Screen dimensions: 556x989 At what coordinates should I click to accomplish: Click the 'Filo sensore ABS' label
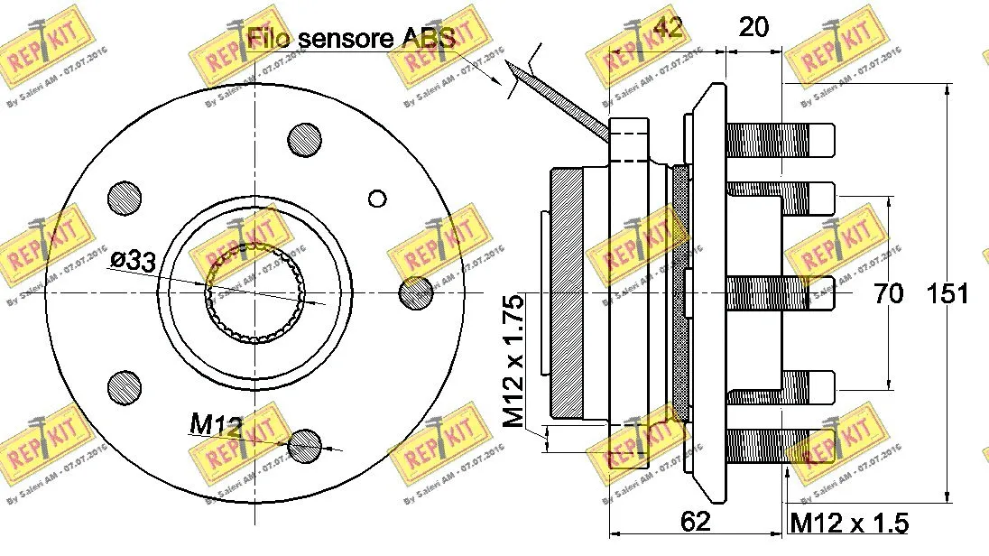pos(350,38)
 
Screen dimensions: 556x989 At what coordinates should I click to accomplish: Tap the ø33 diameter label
pos(134,262)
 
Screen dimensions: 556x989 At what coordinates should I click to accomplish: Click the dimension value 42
pos(668,27)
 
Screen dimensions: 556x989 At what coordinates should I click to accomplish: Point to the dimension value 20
pos(753,27)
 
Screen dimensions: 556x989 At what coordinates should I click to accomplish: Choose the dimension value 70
pos(889,293)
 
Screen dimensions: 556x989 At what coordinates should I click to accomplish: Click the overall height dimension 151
pos(947,293)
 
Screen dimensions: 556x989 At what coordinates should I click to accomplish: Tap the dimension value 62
pos(697,522)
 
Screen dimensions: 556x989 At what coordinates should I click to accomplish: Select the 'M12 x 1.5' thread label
pos(848,524)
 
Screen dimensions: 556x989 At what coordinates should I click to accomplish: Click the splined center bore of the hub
pos(255,292)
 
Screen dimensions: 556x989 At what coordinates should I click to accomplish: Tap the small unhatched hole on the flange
pos(378,199)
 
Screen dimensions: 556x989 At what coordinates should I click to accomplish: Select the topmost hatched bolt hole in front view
pos(305,139)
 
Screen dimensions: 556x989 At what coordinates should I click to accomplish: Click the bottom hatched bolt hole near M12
pos(305,443)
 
